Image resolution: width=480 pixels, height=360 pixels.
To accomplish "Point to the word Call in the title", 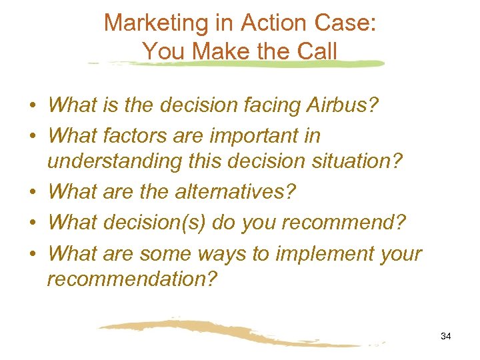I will (317, 51).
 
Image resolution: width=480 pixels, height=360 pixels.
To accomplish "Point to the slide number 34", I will (446, 337).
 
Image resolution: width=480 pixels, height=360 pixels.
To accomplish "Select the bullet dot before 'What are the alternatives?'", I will (32, 193).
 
